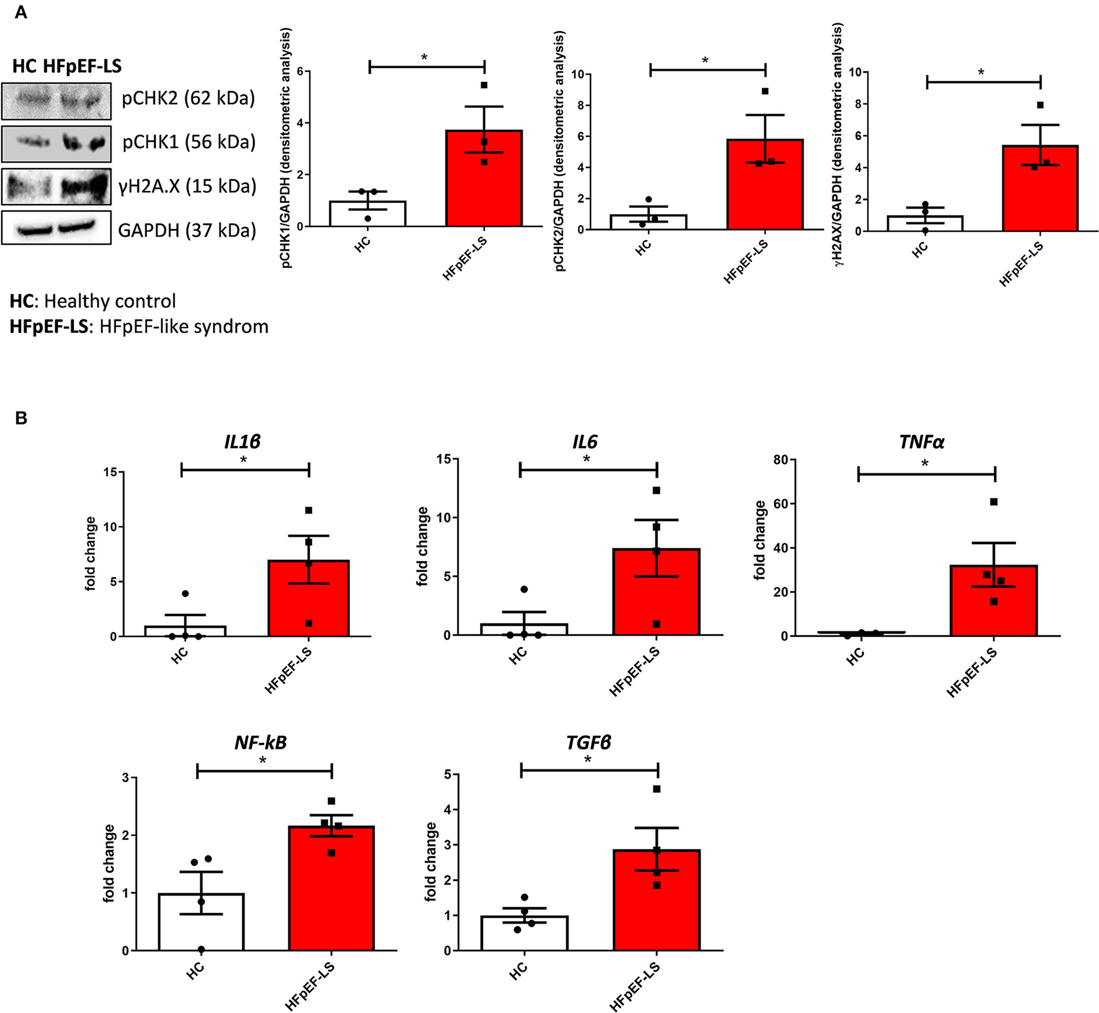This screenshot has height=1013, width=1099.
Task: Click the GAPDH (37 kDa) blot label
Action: pyautogui.click(x=187, y=230)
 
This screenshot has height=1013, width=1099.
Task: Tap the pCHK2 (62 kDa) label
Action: pyautogui.click(x=188, y=98)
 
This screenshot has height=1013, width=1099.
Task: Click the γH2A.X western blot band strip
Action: pyautogui.click(x=56, y=186)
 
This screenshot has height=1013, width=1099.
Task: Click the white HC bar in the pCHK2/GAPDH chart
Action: pyautogui.click(x=648, y=222)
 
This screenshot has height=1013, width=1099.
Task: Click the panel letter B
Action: pyautogui.click(x=21, y=418)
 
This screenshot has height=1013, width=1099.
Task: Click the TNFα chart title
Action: pyautogui.click(x=921, y=442)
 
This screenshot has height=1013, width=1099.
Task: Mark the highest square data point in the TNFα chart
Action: pyautogui.click(x=994, y=502)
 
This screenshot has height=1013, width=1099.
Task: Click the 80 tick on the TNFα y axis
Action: pyautogui.click(x=780, y=460)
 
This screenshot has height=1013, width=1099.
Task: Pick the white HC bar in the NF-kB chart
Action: pyautogui.click(x=201, y=922)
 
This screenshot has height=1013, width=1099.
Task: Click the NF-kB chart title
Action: pyautogui.click(x=260, y=743)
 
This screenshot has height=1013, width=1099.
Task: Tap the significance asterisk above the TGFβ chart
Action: pyautogui.click(x=588, y=761)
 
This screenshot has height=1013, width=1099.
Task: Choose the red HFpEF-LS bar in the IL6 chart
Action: pyautogui.click(x=656, y=592)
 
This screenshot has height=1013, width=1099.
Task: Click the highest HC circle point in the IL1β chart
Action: pyautogui.click(x=185, y=594)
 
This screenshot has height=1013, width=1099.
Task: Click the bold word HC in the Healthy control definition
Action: pyautogui.click(x=21, y=301)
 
